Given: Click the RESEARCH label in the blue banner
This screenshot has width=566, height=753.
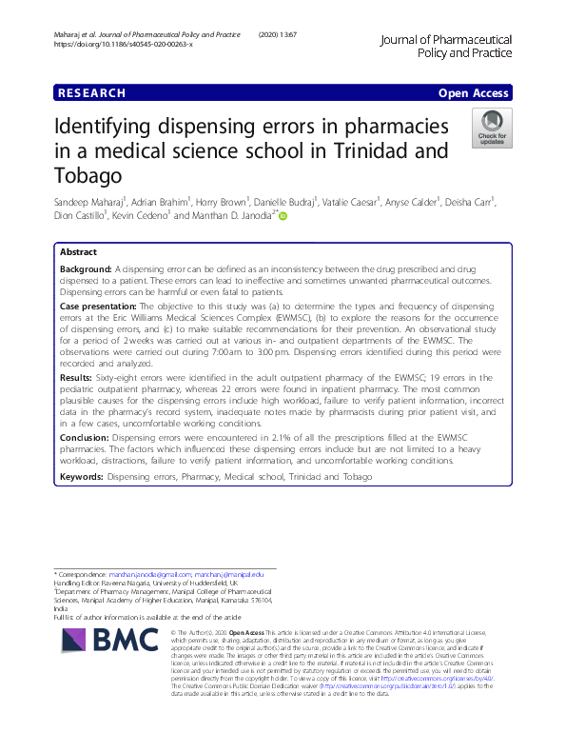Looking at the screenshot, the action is point(91,93).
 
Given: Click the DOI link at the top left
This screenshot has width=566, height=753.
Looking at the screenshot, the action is point(124,45).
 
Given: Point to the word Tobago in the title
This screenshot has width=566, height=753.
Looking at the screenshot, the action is point(95,177).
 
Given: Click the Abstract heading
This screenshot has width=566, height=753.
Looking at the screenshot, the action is point(78,252).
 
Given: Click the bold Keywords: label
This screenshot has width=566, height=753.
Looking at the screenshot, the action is point(82,475).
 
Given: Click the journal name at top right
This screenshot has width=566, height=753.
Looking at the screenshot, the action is point(445,47).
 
